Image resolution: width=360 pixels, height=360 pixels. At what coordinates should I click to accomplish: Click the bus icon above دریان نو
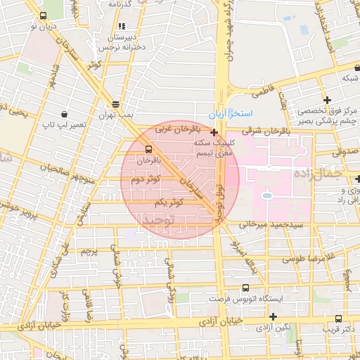click(44, 15)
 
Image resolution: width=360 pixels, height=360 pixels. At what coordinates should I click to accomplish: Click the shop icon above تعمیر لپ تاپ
click(65, 114)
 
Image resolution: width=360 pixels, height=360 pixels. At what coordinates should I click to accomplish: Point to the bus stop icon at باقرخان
click(148, 149)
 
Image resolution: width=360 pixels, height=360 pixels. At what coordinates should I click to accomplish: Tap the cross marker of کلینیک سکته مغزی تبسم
click(214, 131)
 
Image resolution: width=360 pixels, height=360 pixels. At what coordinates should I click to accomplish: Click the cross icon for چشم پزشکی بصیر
click(327, 100)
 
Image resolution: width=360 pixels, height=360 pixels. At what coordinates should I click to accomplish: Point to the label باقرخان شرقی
click(257, 130)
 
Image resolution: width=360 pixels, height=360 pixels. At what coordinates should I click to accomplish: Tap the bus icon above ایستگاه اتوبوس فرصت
click(245, 288)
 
